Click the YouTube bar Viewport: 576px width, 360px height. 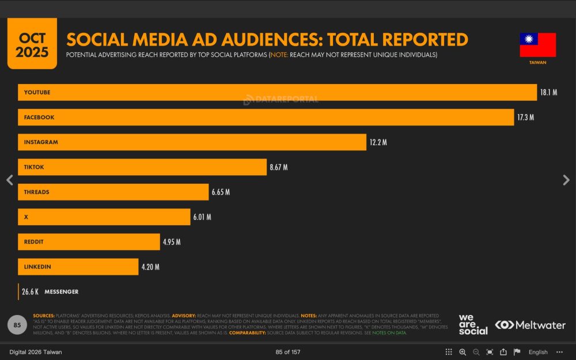[x=276, y=92]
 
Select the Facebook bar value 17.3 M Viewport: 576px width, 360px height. [x=525, y=118]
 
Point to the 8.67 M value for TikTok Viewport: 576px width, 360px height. [x=278, y=168]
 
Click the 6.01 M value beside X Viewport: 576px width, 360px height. [x=202, y=217]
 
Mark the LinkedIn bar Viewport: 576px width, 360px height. [x=78, y=267]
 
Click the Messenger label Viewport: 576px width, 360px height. [x=62, y=292]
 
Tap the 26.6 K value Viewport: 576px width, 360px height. [x=31, y=292]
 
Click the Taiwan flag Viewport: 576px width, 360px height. [x=537, y=45]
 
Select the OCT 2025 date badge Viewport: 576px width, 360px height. [x=32, y=45]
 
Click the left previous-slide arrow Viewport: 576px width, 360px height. [x=9, y=180]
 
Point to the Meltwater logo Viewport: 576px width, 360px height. [x=530, y=325]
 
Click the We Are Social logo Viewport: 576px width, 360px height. [x=473, y=324]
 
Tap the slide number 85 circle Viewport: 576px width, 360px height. [x=17, y=325]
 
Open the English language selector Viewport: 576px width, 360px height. [x=538, y=352]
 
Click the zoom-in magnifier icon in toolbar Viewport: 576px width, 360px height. [x=463, y=352]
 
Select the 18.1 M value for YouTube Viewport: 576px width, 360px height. [x=548, y=92]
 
